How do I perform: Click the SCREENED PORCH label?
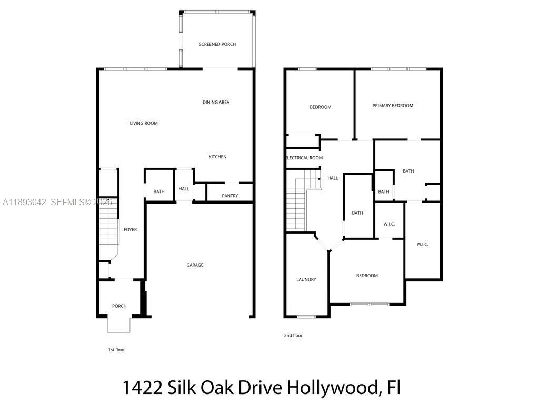[217, 44]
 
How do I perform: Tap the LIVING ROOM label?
[144, 123]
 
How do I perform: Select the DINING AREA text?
[216, 102]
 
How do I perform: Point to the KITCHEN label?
[217, 157]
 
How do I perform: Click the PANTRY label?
[229, 196]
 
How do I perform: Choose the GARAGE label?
[195, 265]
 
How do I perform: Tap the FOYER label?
[130, 229]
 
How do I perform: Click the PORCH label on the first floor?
[119, 306]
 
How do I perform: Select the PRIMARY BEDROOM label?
[393, 105]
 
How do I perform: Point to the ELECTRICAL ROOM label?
[304, 158]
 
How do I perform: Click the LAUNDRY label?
[306, 279]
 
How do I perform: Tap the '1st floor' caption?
[116, 349]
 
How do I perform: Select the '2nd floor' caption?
[294, 335]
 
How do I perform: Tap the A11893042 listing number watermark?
[24, 202]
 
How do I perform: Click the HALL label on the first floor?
[184, 189]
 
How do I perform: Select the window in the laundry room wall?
[306, 317]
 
